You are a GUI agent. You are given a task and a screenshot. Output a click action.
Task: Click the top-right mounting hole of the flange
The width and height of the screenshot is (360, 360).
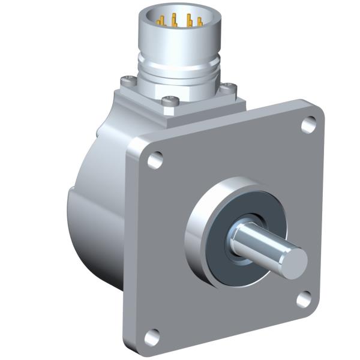[308, 125]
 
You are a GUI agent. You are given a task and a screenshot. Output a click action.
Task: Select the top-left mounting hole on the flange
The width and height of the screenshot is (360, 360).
[155, 160]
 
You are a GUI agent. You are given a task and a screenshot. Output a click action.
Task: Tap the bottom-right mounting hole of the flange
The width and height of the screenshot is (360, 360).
[304, 298]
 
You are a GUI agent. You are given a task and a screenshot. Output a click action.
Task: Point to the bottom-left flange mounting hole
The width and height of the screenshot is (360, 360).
[152, 337]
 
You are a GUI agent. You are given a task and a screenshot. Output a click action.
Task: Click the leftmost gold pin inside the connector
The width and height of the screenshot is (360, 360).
[160, 21]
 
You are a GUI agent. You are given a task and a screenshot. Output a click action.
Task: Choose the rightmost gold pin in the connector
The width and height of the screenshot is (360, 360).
[199, 23]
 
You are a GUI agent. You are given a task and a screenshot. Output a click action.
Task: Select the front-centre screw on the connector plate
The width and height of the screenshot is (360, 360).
[170, 103]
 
